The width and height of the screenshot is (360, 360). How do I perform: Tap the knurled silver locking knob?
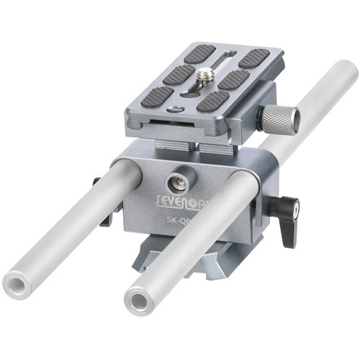pos(279,118)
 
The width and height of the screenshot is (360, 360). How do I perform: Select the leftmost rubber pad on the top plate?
pos(158,96)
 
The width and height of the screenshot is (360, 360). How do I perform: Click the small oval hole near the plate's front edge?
pos(175,109)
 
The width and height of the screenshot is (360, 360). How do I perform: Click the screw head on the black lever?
pos(294,210)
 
